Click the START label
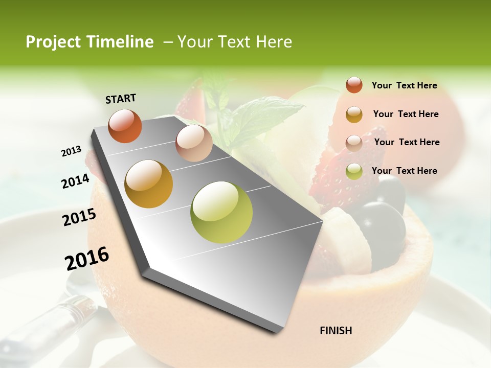(x=121, y=99)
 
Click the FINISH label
(x=336, y=331)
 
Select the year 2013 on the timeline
(x=72, y=151)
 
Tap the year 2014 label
(x=75, y=181)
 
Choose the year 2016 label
(x=87, y=258)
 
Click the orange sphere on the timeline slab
(x=125, y=126)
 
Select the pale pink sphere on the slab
(x=194, y=143)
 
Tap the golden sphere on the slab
(x=149, y=184)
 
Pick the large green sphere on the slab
(x=221, y=212)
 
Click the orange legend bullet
(x=354, y=85)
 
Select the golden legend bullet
(x=354, y=114)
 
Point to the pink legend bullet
(x=354, y=143)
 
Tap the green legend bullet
(x=354, y=171)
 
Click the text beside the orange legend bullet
(x=404, y=86)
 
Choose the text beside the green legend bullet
(x=404, y=171)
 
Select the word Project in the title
(x=53, y=42)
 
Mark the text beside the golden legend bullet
(x=406, y=114)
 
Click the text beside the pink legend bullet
(x=407, y=142)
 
